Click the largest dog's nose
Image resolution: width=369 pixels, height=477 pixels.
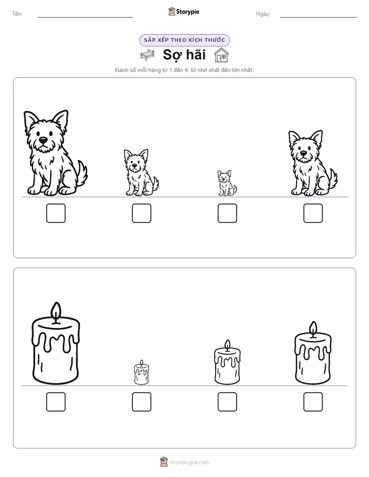point(43,140)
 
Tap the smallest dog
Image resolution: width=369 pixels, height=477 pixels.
point(227,183)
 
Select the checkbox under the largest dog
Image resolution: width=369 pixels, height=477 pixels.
point(56,213)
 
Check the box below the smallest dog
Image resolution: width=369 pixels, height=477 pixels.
point(227,213)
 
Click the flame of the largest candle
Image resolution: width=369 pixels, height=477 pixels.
point(56,311)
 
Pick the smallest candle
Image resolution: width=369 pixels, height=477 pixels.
point(142,372)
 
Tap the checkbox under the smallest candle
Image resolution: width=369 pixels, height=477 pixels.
point(142,402)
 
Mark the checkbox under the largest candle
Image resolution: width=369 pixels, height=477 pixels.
point(56,402)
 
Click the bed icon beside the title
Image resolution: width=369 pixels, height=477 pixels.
point(147,55)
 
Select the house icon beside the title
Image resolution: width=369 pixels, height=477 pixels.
point(221,55)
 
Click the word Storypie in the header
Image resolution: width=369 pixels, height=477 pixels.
point(188,12)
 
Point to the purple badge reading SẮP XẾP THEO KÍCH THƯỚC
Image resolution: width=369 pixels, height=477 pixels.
point(185,40)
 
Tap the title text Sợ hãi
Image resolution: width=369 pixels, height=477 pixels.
point(185,55)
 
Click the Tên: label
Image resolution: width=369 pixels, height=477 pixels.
point(17,14)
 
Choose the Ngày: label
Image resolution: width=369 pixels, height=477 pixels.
point(263,14)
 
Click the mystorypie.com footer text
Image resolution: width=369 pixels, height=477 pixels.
point(189,463)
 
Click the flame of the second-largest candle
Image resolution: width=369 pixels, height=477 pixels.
point(313,329)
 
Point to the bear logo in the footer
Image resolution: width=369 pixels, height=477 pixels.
point(164,462)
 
